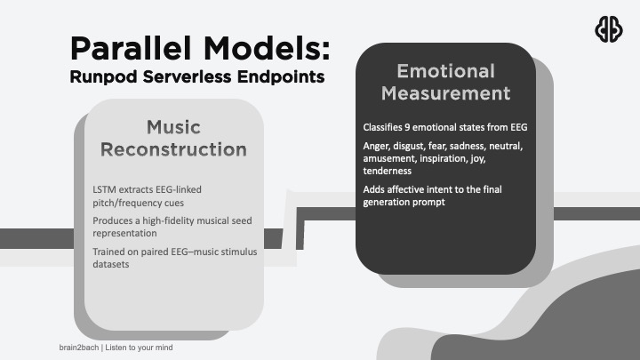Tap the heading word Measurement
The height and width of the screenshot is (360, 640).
(x=453, y=92)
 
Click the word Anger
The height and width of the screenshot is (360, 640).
(x=378, y=146)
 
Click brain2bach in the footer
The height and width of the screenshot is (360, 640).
(x=72, y=347)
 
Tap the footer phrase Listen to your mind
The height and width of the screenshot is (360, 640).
(x=139, y=347)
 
